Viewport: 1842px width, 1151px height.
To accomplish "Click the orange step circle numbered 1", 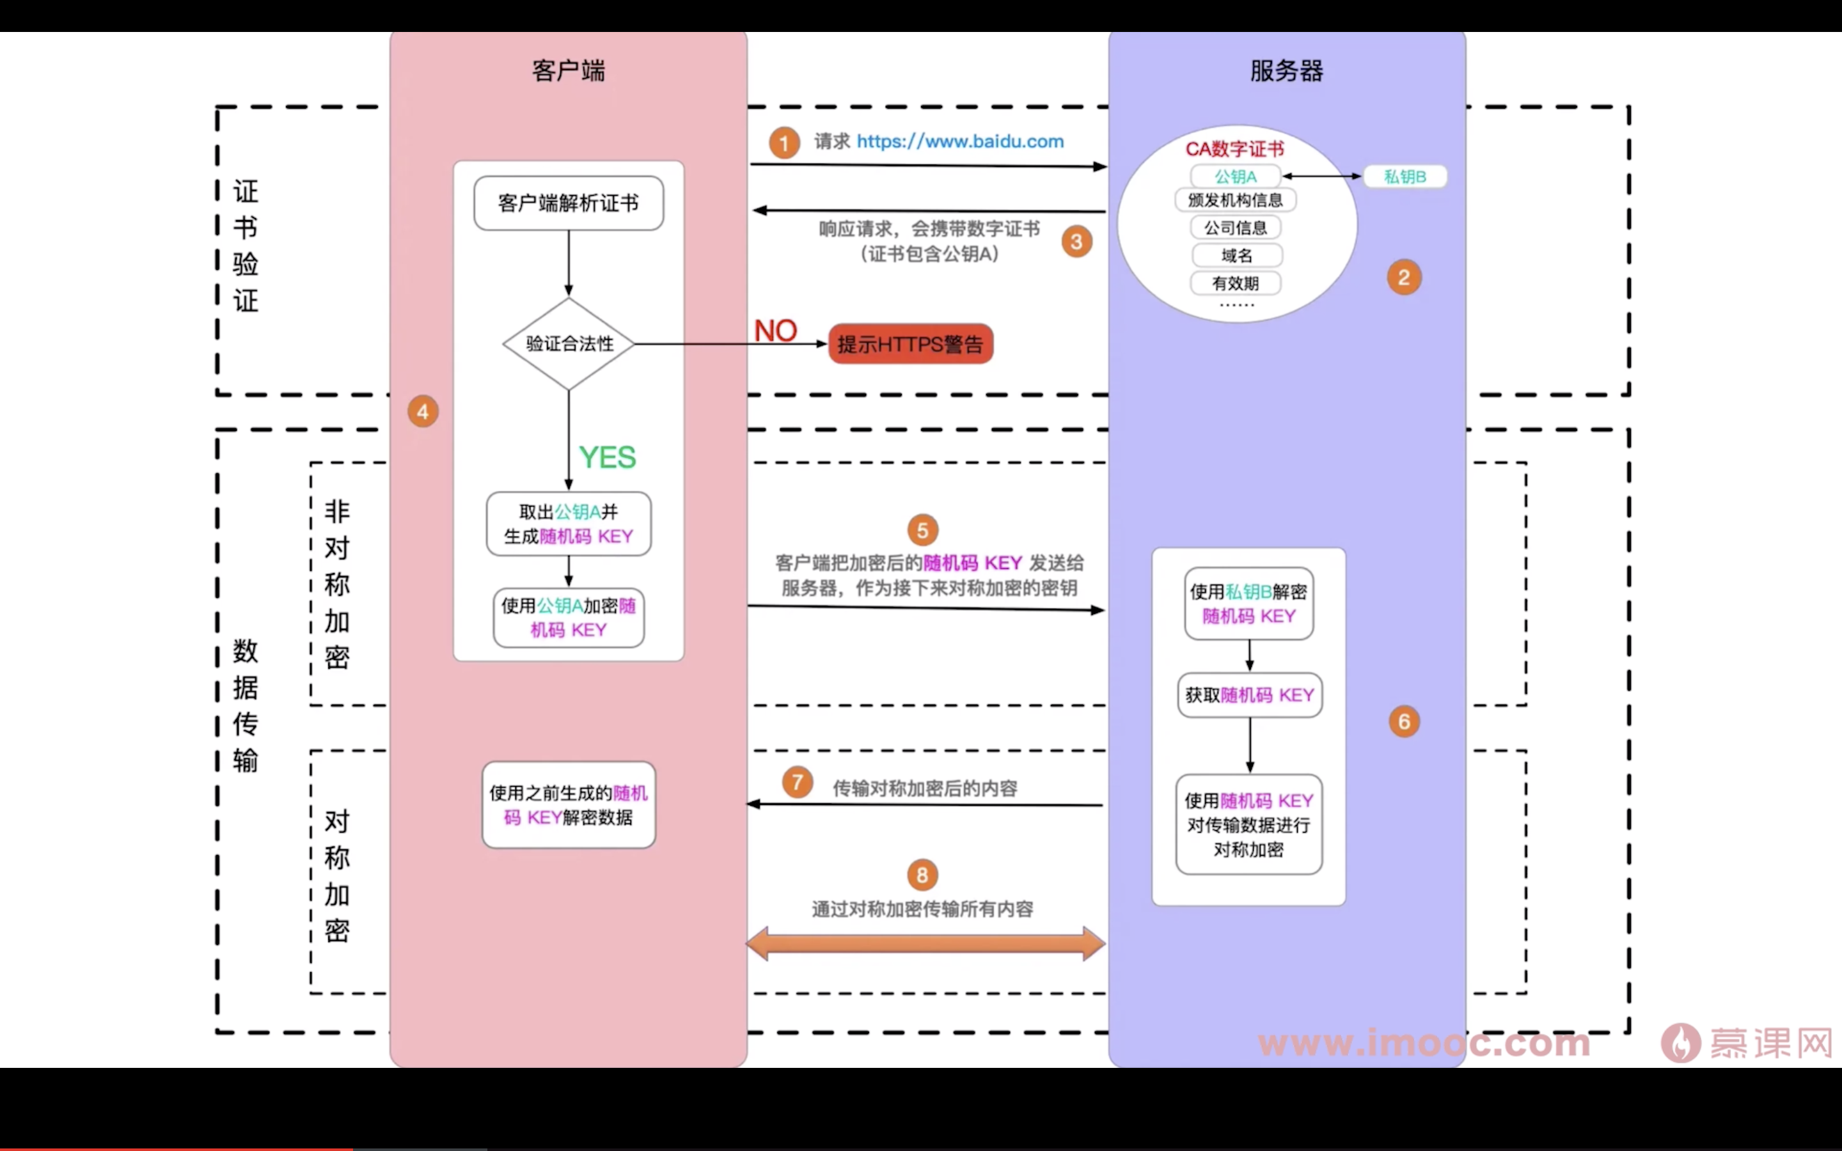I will pos(783,143).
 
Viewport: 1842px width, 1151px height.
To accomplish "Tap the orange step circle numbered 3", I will pos(1076,242).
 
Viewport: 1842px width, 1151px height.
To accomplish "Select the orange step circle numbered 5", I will pos(922,531).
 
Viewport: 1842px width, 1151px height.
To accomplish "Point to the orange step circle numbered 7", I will pos(797,782).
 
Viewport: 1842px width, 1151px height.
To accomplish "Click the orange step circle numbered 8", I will pos(922,875).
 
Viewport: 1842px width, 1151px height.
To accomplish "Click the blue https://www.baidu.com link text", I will pos(960,141).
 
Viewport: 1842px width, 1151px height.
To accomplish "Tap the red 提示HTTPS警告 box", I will pos(910,344).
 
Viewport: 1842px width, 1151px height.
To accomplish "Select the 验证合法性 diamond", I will pos(569,343).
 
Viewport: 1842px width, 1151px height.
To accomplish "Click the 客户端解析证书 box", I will pos(569,203).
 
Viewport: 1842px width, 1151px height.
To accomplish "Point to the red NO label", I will pos(775,331).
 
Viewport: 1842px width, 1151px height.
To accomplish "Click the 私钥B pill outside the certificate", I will pos(1405,176).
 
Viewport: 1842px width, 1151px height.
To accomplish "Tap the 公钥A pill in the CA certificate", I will pos(1236,176).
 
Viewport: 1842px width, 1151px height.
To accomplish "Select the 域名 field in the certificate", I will pos(1236,255).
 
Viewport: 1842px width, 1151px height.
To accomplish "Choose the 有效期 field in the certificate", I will pos(1236,283).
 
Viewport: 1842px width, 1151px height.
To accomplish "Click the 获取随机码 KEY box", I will pos(1249,695).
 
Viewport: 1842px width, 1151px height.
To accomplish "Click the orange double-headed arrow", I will pos(925,944).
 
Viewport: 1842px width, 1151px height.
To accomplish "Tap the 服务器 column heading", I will pos(1286,71).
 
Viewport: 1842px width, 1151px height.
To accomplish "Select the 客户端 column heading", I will pos(569,71).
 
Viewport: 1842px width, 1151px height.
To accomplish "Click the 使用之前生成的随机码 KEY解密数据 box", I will pos(569,804).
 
